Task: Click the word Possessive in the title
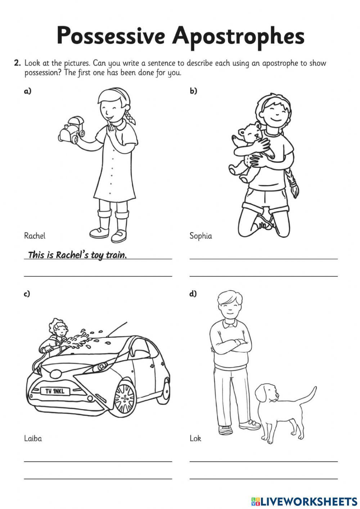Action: pos(111,36)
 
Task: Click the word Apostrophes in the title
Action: pos(238,36)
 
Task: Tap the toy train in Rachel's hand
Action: pos(71,131)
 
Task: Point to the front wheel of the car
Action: pos(124,398)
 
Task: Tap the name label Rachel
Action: pos(35,236)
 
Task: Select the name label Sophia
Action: pos(201,236)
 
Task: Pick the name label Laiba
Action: pos(33,438)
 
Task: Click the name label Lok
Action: pos(195,438)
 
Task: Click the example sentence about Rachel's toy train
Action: pos(77,255)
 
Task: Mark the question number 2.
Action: pos(17,63)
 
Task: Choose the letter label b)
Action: pos(193,91)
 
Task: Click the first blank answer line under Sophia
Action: pos(264,258)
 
